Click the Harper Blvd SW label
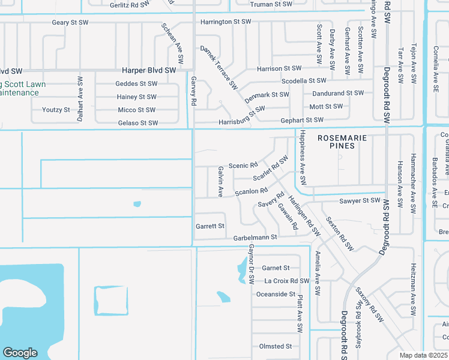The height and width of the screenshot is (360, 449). (x=149, y=70)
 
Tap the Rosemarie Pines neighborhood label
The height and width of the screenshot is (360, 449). (x=342, y=142)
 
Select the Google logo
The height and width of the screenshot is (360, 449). (x=20, y=352)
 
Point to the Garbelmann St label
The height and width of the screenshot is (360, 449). (x=255, y=238)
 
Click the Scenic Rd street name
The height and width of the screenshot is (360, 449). (x=243, y=164)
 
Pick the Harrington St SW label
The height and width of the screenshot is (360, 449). (x=225, y=22)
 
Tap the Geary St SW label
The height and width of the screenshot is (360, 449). (x=70, y=23)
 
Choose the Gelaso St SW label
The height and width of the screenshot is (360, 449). (x=138, y=123)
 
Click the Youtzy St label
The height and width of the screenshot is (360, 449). (x=56, y=110)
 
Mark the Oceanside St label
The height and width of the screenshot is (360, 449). (x=276, y=295)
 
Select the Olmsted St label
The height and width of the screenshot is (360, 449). (x=275, y=346)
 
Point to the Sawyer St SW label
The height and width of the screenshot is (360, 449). (x=360, y=200)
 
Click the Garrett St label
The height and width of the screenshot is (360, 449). (x=210, y=226)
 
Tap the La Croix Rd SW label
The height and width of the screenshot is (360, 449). (x=286, y=281)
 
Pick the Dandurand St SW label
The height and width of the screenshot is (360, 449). (x=338, y=94)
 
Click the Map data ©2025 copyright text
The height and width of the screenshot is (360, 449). (x=424, y=355)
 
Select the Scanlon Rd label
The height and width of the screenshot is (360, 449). (x=251, y=192)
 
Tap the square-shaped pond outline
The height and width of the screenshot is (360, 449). (x=111, y=300)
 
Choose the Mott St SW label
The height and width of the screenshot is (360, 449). (x=326, y=107)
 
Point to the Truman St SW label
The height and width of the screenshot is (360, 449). (x=271, y=4)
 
